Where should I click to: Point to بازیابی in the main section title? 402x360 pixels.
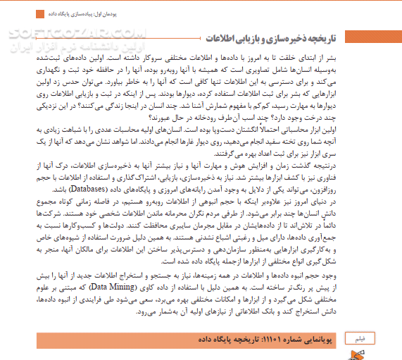click(x=244, y=37)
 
